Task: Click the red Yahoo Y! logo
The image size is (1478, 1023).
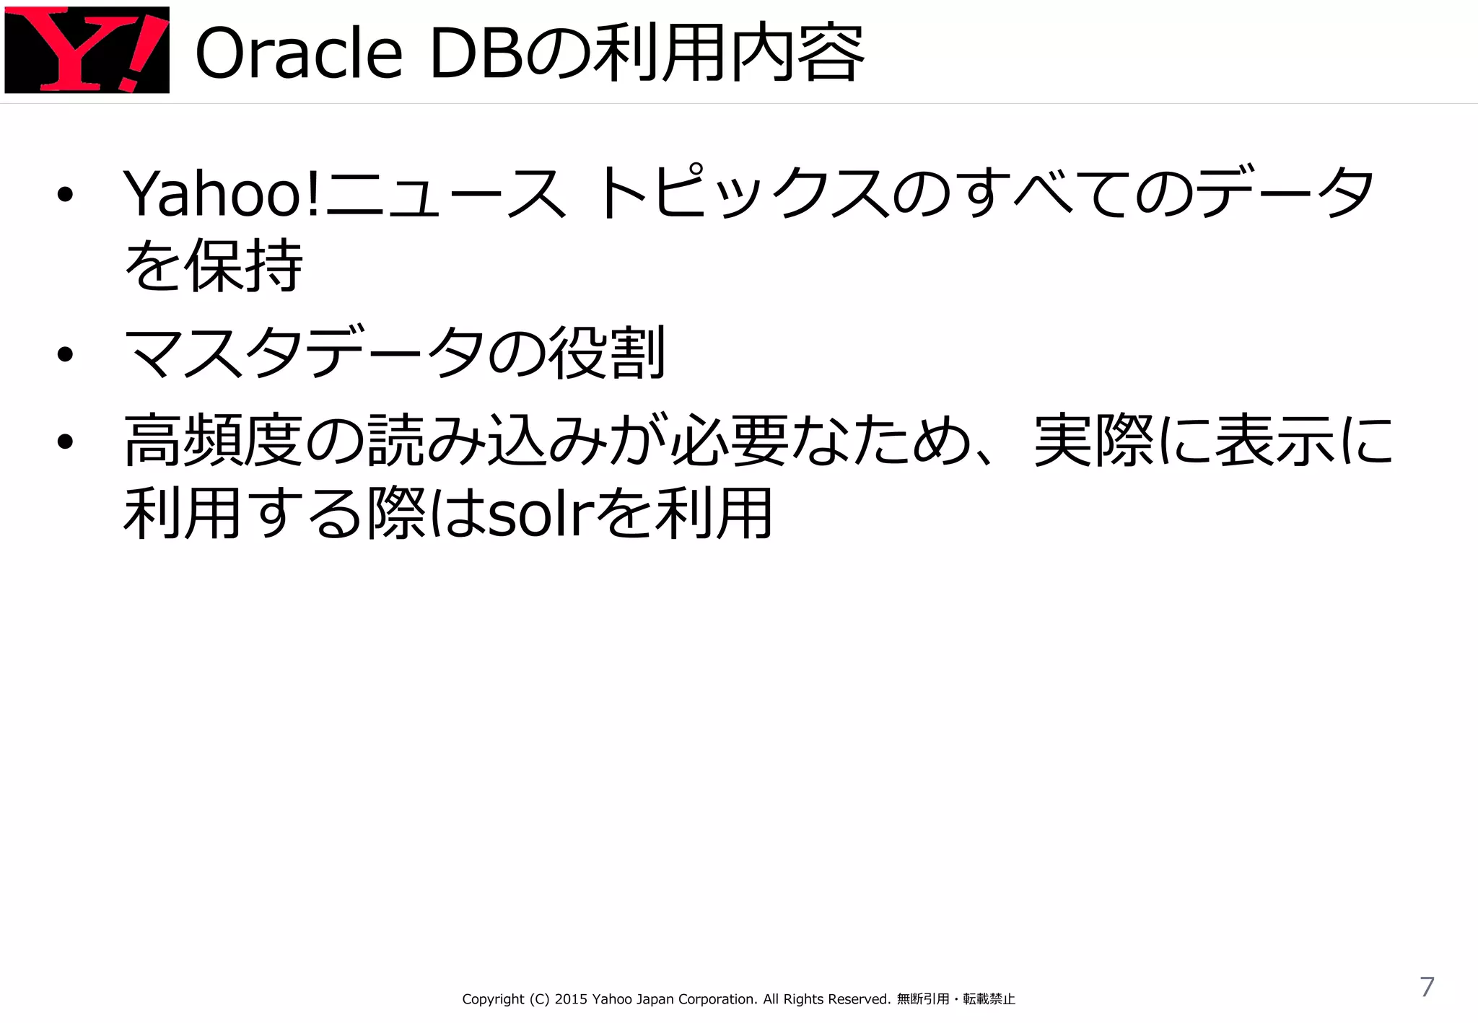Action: [x=87, y=50]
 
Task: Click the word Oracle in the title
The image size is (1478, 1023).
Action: [x=298, y=54]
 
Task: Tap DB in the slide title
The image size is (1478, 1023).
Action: [x=476, y=54]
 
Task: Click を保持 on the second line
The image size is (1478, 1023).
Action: [x=213, y=265]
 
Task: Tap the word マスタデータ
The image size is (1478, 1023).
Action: [x=303, y=354]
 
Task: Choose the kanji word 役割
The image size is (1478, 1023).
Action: [x=606, y=354]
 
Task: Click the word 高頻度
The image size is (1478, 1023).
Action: [x=213, y=441]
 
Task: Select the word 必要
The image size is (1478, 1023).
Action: [x=729, y=441]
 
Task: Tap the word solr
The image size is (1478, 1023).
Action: [x=541, y=514]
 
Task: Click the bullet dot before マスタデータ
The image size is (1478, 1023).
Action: [x=66, y=354]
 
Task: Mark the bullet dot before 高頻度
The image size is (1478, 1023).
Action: [x=66, y=442]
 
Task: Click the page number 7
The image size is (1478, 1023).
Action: [x=1427, y=987]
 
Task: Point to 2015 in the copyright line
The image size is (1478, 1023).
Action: [x=571, y=1000]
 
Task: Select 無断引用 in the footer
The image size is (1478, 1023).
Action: [x=923, y=1000]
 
